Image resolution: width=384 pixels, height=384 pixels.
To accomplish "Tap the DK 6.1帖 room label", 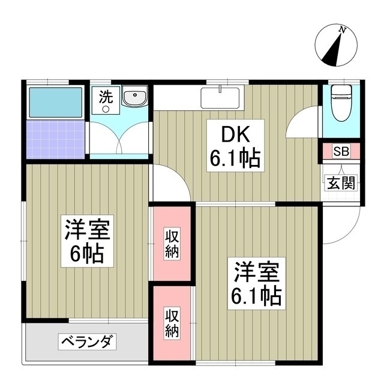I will point(235,148).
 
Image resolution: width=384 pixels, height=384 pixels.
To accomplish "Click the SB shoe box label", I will point(340,151).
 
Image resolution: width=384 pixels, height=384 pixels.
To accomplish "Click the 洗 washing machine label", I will point(105,98).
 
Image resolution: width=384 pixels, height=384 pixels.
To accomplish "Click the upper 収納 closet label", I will point(172,244).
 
